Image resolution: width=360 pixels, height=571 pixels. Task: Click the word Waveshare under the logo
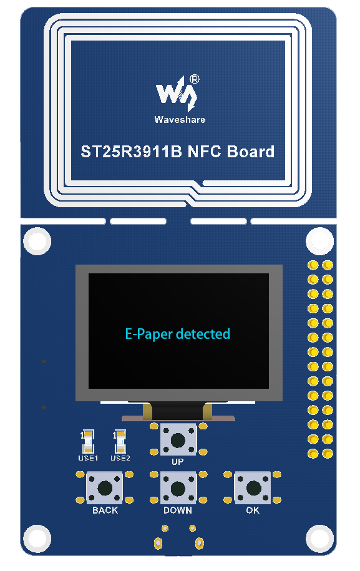180,120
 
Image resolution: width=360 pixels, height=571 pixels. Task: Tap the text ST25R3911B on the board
131,152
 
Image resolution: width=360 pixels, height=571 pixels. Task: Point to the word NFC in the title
204,152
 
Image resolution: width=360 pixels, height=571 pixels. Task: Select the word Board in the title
251,152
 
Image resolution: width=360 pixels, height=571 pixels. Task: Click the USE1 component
88,441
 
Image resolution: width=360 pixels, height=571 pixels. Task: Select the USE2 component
120,441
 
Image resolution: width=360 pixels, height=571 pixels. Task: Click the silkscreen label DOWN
178,510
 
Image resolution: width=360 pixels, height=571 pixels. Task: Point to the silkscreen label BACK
105,510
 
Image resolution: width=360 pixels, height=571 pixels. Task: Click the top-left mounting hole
37,241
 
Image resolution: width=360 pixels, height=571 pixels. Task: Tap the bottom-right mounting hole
320,539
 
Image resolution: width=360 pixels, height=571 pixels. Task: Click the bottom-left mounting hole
37,539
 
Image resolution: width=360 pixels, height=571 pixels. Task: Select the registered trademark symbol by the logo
195,79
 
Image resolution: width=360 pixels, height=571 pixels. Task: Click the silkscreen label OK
253,510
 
